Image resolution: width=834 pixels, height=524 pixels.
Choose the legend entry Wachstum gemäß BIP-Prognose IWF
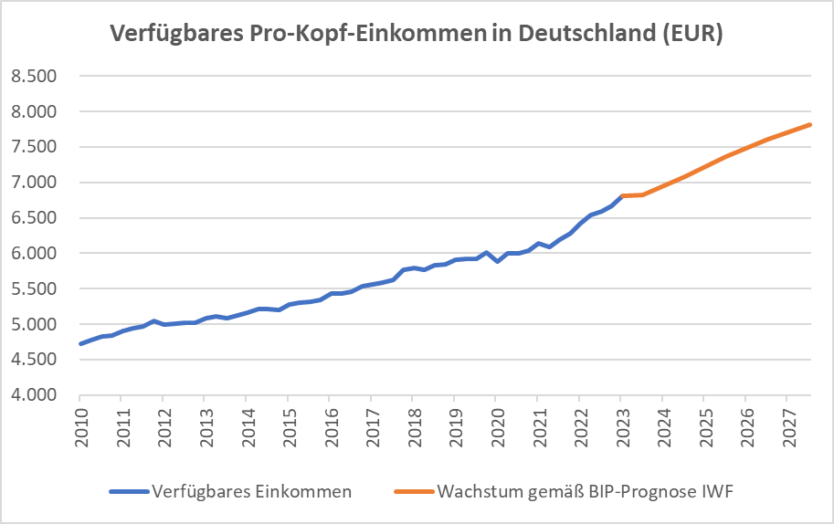click(x=586, y=492)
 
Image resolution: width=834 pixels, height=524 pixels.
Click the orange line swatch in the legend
click(x=414, y=492)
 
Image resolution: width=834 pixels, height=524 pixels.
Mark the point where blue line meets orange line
click(x=621, y=195)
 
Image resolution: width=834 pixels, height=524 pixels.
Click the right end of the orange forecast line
click(x=811, y=124)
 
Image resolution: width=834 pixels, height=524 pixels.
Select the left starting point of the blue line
click(x=80, y=344)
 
